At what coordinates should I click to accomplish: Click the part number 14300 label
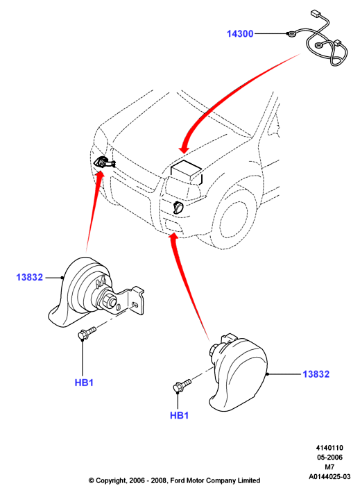pyautogui.click(x=240, y=33)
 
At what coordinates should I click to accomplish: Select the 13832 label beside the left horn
pyautogui.click(x=29, y=277)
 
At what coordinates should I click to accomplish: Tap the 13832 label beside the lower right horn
pyautogui.click(x=316, y=374)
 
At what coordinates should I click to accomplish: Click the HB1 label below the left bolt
pyautogui.click(x=84, y=383)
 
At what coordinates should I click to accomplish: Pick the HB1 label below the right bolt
pyautogui.click(x=179, y=415)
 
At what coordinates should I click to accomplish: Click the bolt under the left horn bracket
pyautogui.click(x=87, y=333)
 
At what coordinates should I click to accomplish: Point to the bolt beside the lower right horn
pyautogui.click(x=182, y=385)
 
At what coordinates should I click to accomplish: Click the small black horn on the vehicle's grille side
pyautogui.click(x=104, y=163)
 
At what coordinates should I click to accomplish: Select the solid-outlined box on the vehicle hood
pyautogui.click(x=186, y=172)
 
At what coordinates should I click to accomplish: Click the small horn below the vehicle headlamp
pyautogui.click(x=178, y=208)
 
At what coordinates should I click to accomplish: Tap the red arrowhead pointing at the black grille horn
pyautogui.click(x=100, y=174)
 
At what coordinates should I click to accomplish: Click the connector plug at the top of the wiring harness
pyautogui.click(x=314, y=15)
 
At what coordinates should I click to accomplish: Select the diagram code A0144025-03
pyautogui.click(x=329, y=477)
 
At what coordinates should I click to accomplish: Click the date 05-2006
pyautogui.click(x=329, y=457)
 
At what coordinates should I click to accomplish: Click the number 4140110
pyautogui.click(x=329, y=448)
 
